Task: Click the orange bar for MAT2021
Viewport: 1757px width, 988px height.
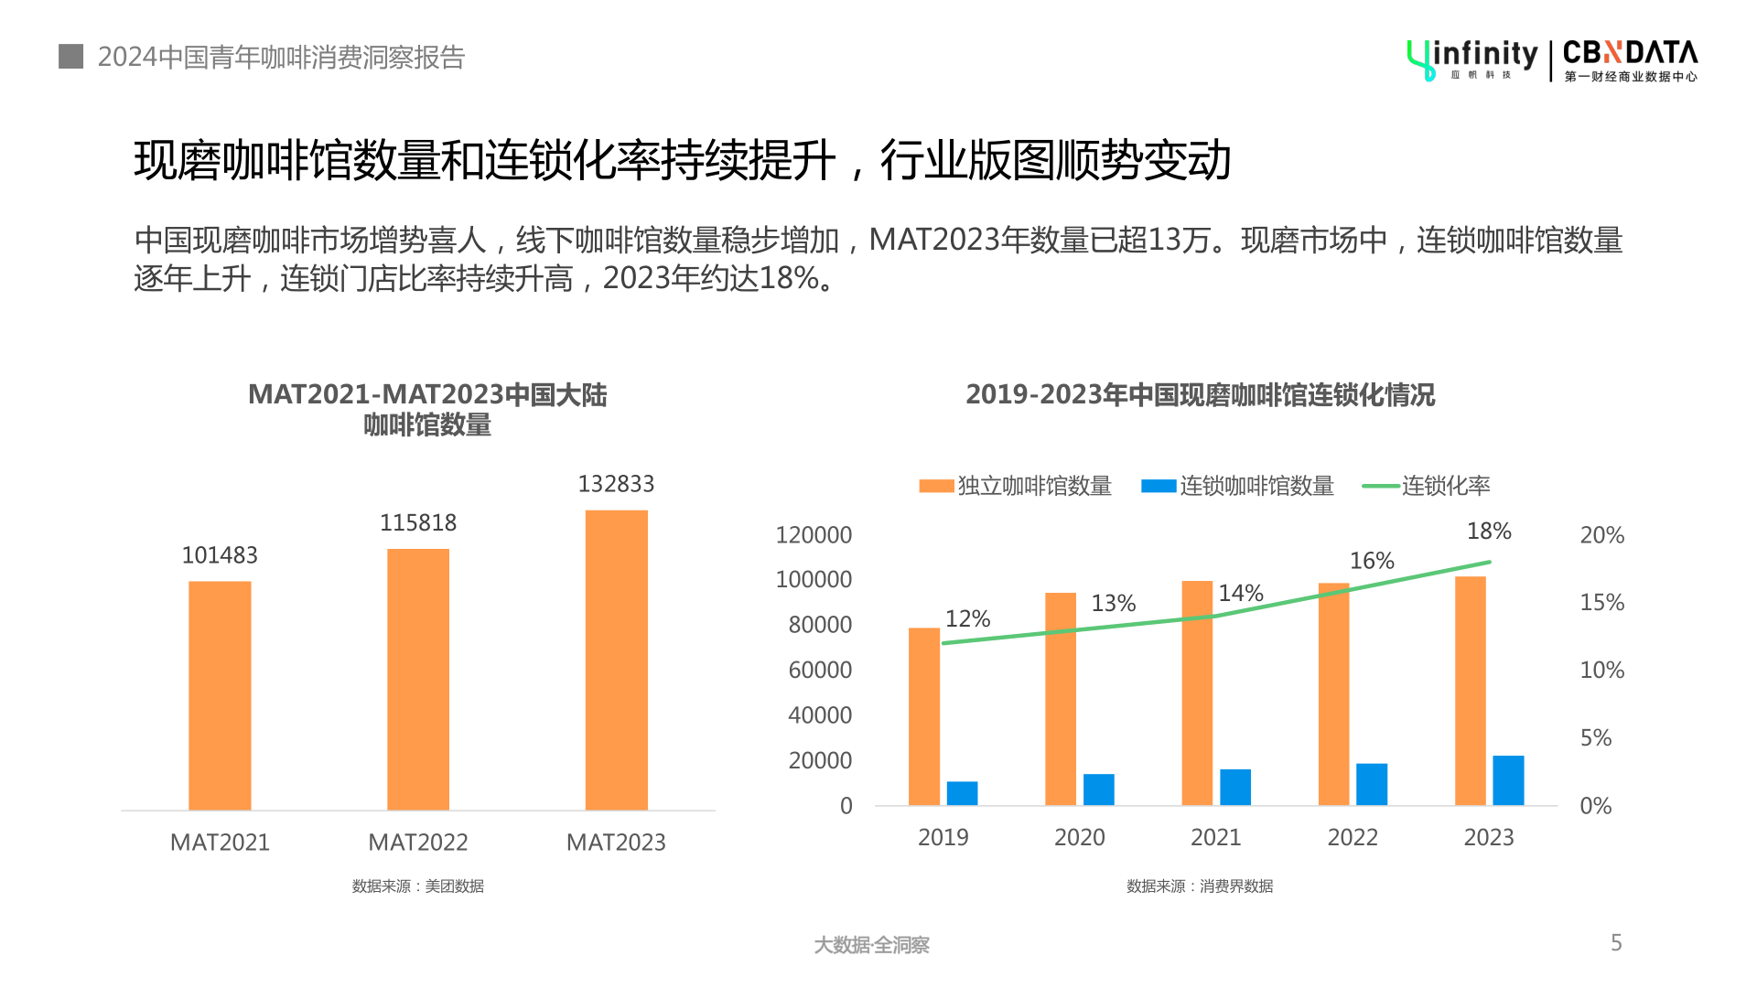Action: pos(220,695)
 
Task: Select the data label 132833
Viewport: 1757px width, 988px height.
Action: pos(616,484)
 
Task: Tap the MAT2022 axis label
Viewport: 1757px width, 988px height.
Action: pos(417,843)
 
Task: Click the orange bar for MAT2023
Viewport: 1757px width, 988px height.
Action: pos(616,659)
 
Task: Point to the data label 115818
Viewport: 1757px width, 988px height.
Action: pos(417,523)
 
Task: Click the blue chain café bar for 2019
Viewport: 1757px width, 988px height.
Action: pos(962,793)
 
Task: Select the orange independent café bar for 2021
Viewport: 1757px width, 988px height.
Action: pos(1197,693)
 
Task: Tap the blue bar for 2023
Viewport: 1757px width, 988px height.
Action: pos(1508,780)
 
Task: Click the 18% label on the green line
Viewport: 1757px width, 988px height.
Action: pos(1489,532)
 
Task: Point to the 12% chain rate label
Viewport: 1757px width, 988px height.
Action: pos(967,619)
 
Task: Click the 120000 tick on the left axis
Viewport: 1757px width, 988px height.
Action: pos(814,535)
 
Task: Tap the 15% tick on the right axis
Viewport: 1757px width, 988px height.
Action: pos(1601,603)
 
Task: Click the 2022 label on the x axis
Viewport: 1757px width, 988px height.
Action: pos(1352,837)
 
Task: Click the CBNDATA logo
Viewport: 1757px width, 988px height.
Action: pos(1630,60)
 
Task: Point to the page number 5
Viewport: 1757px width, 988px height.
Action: pos(1616,943)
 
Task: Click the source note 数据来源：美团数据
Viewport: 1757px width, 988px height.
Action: pos(417,886)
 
